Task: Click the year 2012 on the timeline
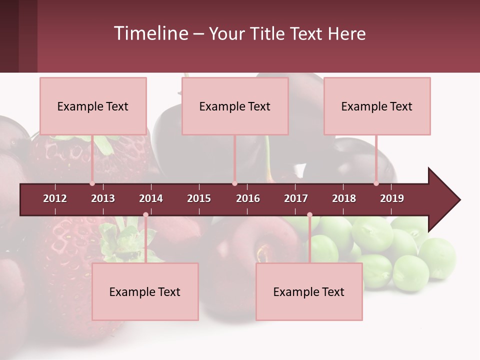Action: click(x=55, y=198)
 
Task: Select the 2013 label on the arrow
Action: click(x=103, y=198)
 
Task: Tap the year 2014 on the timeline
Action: click(x=151, y=198)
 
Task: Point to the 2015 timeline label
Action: click(x=199, y=198)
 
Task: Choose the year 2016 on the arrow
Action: click(x=248, y=198)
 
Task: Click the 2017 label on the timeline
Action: click(x=296, y=198)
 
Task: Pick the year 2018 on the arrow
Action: click(x=344, y=198)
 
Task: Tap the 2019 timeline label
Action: click(x=392, y=198)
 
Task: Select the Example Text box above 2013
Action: click(x=93, y=106)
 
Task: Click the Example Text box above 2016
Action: click(x=235, y=106)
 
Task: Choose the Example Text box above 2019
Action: click(x=377, y=106)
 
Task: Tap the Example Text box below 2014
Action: click(x=145, y=291)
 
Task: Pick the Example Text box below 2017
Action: click(x=309, y=291)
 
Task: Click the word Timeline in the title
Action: click(x=150, y=33)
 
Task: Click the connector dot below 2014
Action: click(x=145, y=215)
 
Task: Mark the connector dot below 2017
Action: click(x=309, y=215)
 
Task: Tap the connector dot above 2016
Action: click(x=234, y=183)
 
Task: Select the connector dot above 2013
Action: click(x=92, y=183)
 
